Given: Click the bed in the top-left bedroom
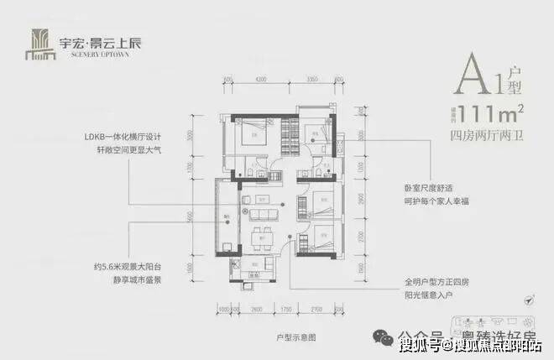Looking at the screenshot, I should coord(253,133).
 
